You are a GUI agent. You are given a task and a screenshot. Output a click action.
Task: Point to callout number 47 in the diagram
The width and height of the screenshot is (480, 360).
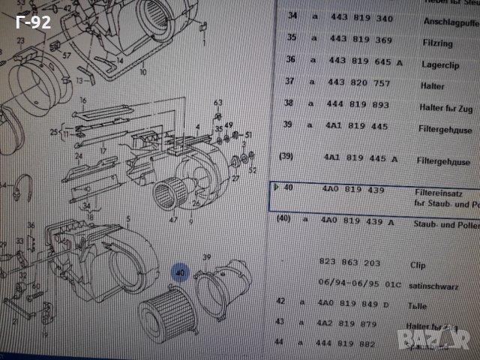pos(172,220)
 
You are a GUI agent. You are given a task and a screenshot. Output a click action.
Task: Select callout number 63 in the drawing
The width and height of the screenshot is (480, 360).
pos(218,103)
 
